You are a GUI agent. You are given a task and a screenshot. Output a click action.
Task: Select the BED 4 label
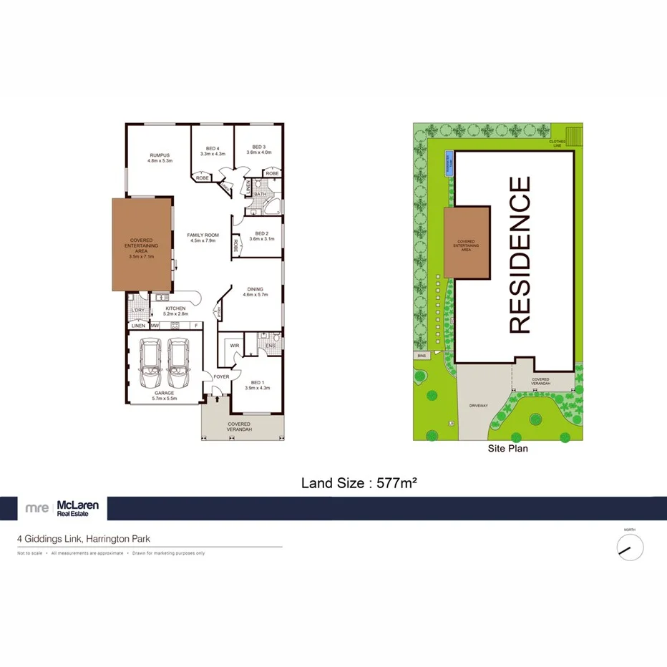pos(213,147)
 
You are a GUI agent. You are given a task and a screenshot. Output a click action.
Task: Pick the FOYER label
pos(221,376)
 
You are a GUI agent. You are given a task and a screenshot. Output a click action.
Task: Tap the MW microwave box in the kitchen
pos(155,326)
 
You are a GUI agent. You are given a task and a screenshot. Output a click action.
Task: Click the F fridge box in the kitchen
pos(195,326)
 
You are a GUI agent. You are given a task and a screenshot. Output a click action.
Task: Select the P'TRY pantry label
pos(218,312)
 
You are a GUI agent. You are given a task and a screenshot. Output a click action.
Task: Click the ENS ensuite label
pos(270,346)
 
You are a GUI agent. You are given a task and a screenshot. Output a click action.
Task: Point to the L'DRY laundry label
pos(137,310)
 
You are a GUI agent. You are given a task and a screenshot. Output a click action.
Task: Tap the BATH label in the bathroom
pos(260,194)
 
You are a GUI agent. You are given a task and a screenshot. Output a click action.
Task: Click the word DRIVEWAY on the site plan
pos(479,404)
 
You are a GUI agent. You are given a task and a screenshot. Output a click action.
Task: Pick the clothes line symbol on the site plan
pos(575,133)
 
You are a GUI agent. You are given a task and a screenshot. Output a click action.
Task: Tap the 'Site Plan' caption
pos(507,449)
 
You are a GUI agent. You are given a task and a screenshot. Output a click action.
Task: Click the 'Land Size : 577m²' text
pos(359,483)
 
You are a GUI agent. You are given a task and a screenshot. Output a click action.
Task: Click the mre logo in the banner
pos(36,508)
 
